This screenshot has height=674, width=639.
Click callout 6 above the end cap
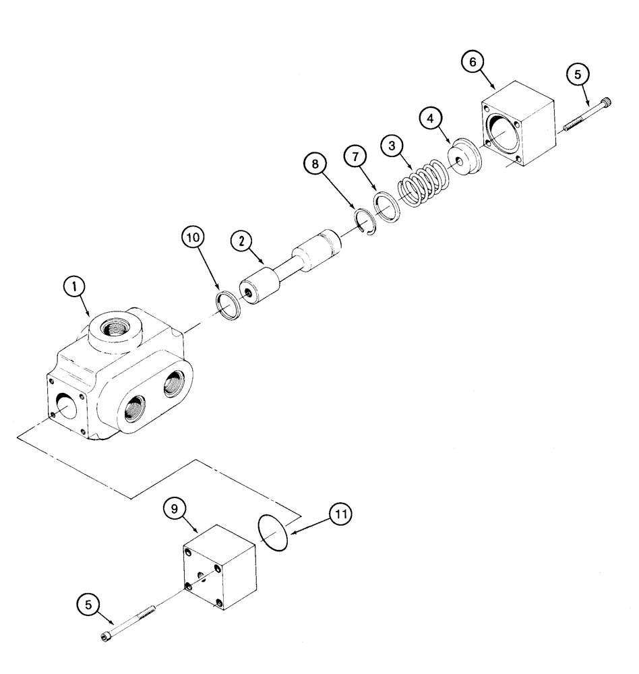pyautogui.click(x=473, y=61)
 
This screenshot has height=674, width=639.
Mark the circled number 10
pyautogui.click(x=193, y=240)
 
